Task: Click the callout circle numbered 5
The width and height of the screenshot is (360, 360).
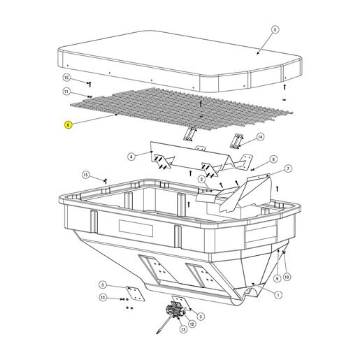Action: tap(275, 30)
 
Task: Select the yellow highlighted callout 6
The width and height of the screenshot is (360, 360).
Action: tap(68, 125)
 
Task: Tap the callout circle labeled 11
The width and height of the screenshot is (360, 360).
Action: tap(66, 92)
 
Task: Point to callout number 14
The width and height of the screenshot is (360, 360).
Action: tap(260, 137)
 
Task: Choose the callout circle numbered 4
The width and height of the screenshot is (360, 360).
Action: tap(131, 157)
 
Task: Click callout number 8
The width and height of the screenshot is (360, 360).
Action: tap(273, 159)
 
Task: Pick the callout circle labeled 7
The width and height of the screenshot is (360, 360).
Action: tap(288, 168)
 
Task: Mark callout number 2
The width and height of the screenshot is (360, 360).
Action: tap(202, 180)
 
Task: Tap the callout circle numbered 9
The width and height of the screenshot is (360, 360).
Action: tap(277, 278)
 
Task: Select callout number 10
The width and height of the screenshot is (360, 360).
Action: tap(287, 277)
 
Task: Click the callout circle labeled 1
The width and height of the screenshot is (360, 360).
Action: tap(278, 295)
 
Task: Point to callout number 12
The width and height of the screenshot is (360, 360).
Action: tap(192, 324)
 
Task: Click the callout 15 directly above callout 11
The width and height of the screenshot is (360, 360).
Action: tap(66, 78)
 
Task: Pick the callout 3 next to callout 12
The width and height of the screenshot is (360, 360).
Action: tap(201, 317)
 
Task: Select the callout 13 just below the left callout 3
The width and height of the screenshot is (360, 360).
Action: tap(103, 298)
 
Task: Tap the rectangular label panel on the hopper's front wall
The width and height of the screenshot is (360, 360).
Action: tap(136, 228)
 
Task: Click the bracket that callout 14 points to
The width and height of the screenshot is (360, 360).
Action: tap(236, 141)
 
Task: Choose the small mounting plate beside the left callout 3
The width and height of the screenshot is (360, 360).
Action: tap(135, 294)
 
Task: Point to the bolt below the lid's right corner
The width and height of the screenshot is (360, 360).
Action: tap(285, 87)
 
